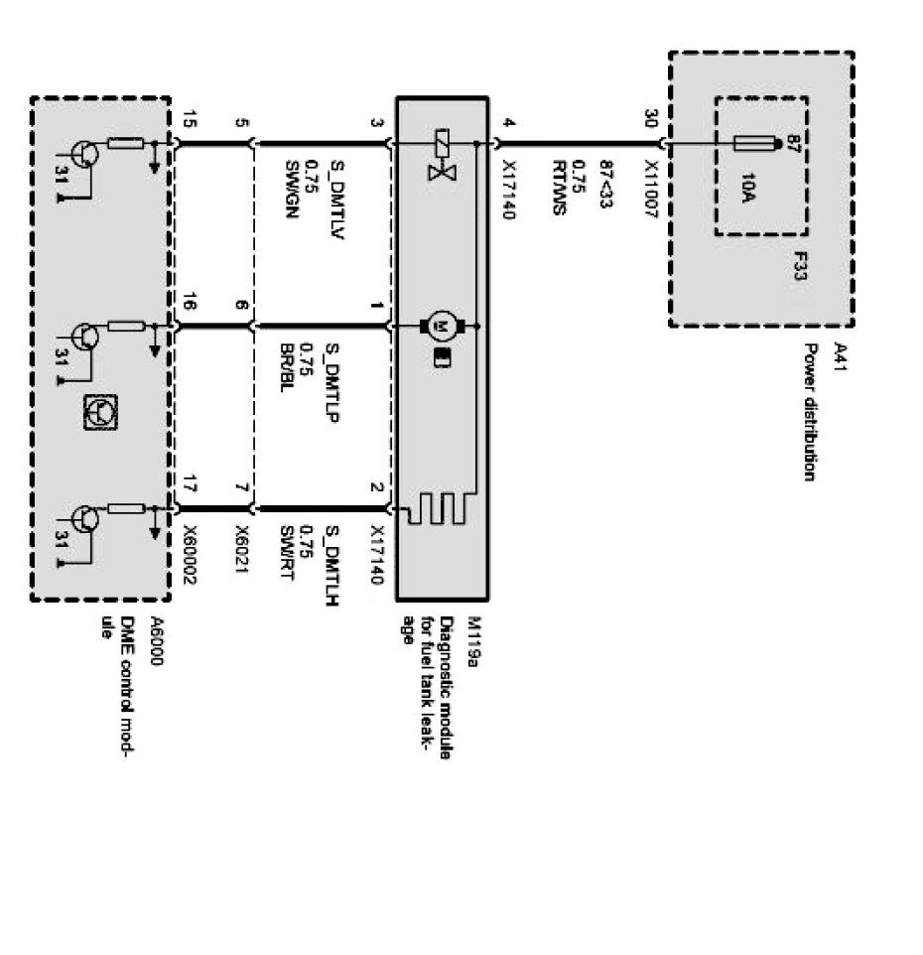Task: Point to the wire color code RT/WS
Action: (x=559, y=190)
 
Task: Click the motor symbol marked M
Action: (x=438, y=325)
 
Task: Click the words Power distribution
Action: (x=809, y=412)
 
